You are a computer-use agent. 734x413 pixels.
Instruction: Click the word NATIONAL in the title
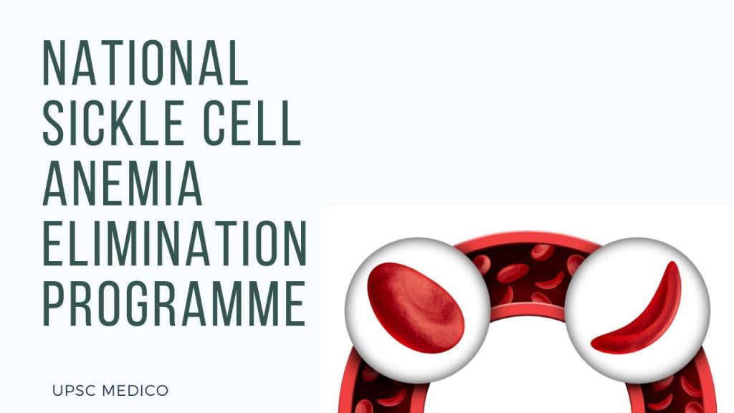[x=146, y=63]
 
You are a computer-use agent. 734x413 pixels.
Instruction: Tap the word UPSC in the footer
[x=70, y=391]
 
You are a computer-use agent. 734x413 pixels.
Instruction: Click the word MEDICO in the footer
[x=134, y=391]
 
